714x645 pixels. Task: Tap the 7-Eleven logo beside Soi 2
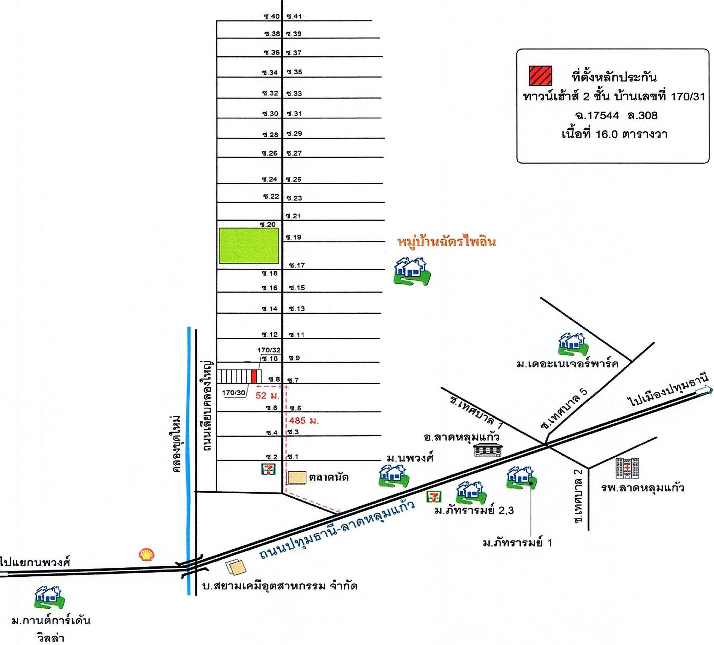pyautogui.click(x=269, y=469)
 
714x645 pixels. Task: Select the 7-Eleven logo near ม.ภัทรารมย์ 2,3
pyautogui.click(x=434, y=497)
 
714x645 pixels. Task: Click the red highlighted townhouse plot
pyautogui.click(x=254, y=376)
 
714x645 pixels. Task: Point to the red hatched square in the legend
pyautogui.click(x=541, y=76)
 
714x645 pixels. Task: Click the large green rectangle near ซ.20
pyautogui.click(x=249, y=246)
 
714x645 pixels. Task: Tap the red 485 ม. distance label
pyautogui.click(x=304, y=421)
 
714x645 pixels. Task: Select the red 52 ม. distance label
pyautogui.click(x=267, y=395)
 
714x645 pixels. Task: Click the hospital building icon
pyautogui.click(x=627, y=468)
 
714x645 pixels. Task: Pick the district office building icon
pyautogui.click(x=488, y=449)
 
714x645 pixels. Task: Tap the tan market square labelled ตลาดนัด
pyautogui.click(x=297, y=478)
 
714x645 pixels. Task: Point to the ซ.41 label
pyautogui.click(x=294, y=16)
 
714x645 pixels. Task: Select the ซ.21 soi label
pyautogui.click(x=294, y=216)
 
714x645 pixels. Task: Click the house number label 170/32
pyautogui.click(x=269, y=350)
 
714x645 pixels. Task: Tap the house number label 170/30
pyautogui.click(x=233, y=393)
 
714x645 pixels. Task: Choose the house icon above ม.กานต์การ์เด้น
pyautogui.click(x=50, y=597)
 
